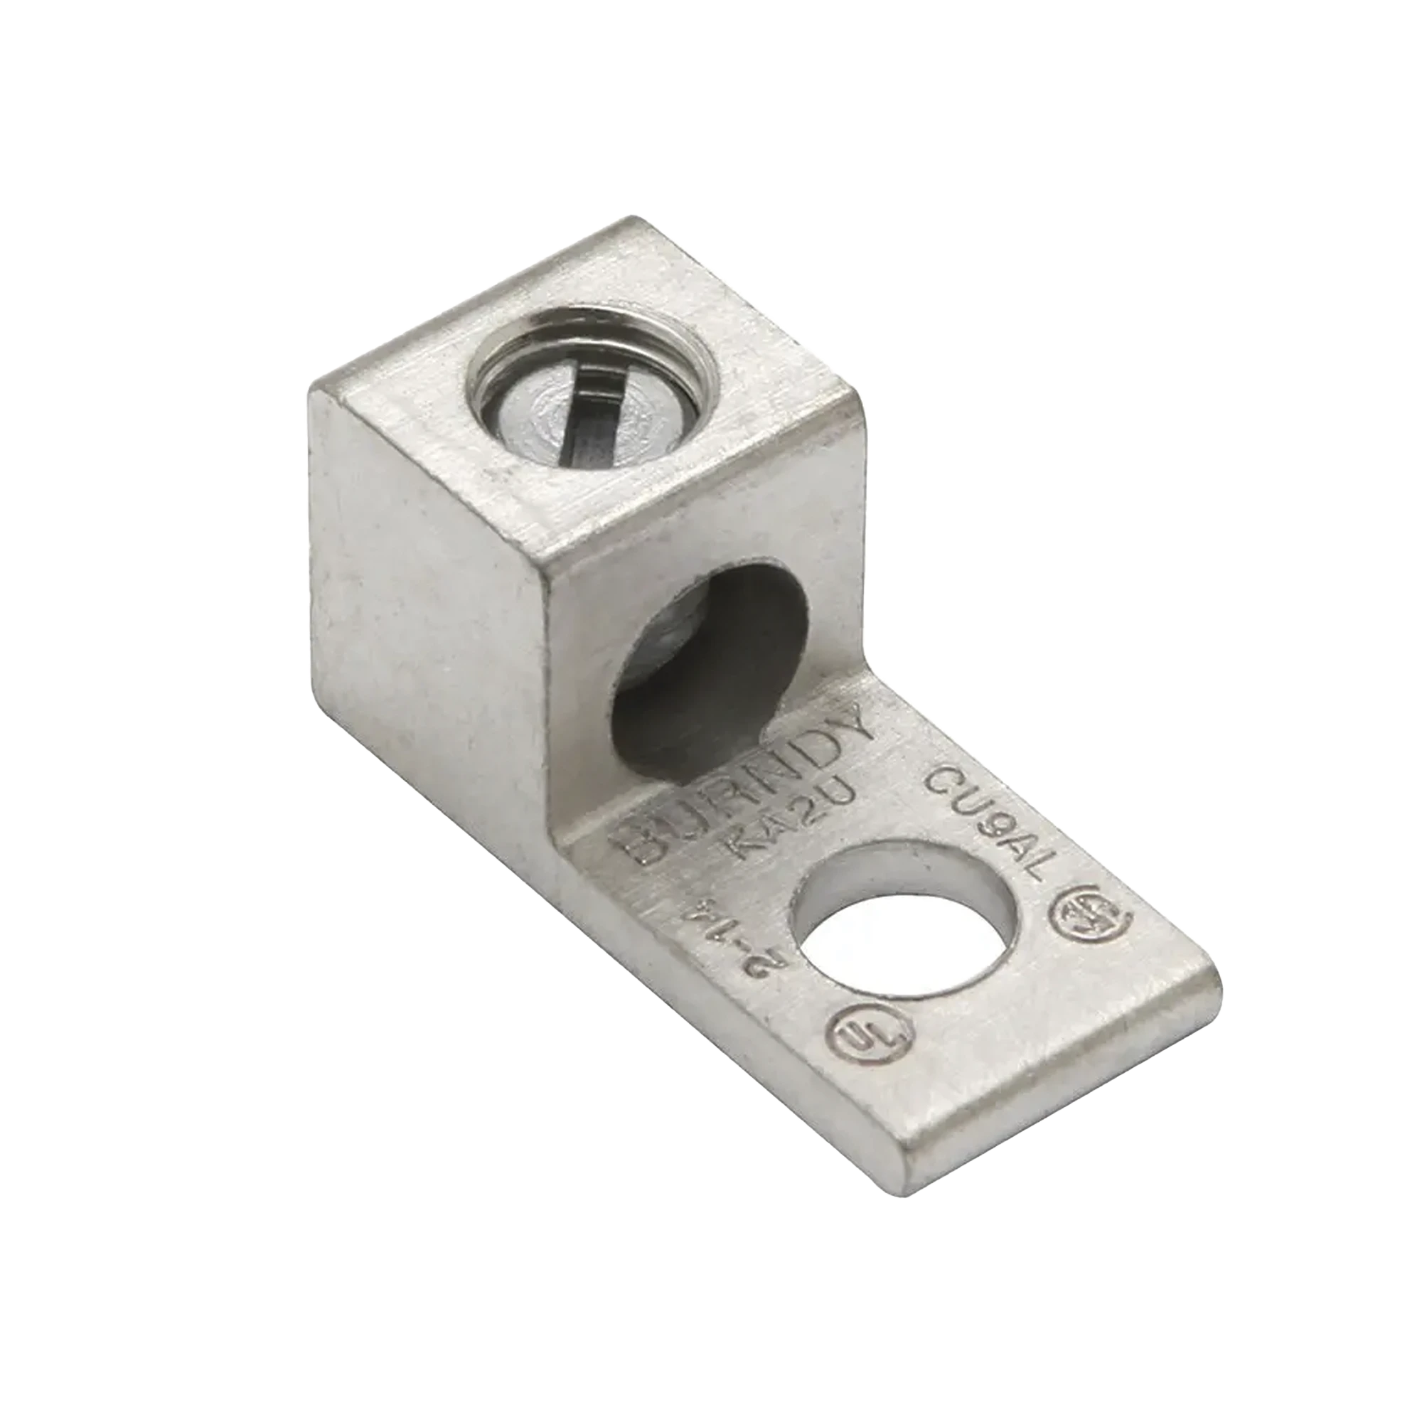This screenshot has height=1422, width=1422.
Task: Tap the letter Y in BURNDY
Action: pos(854,725)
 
